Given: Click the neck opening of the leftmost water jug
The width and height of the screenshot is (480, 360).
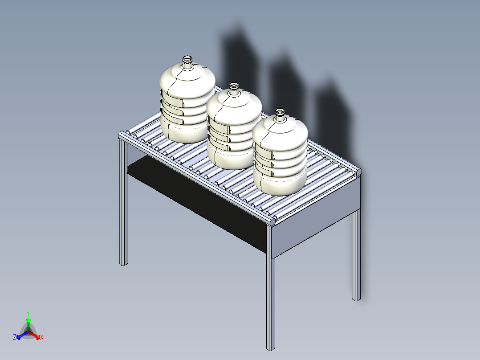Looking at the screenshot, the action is [187, 58].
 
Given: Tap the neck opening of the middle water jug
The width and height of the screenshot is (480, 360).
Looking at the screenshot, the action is [234, 85].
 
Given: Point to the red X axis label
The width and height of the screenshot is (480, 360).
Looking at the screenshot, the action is [42, 337].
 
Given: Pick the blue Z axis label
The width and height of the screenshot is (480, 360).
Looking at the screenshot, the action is [15, 337].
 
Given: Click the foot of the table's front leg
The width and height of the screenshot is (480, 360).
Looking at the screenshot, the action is [270, 348].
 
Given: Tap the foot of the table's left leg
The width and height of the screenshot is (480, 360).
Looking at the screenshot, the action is [123, 263].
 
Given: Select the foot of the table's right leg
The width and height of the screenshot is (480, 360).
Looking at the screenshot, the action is [357, 299].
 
